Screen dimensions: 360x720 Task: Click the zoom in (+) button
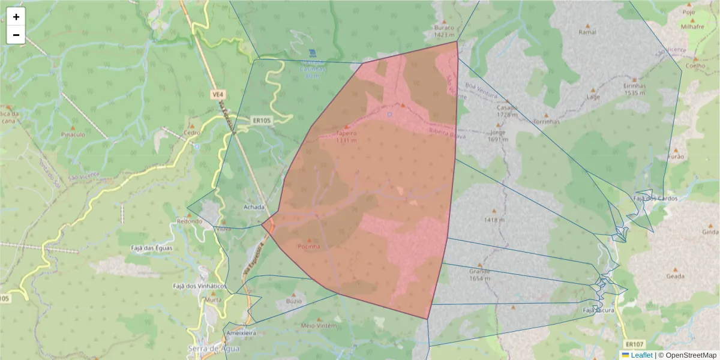[x=16, y=17]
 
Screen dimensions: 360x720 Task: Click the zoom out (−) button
[x=16, y=35]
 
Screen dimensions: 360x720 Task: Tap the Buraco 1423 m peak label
[x=444, y=31]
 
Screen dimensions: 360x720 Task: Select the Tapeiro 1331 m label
[x=346, y=136]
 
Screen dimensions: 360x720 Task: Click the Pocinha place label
[x=309, y=246]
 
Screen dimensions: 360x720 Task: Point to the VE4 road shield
[x=218, y=94]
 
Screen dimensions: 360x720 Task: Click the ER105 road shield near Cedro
[x=261, y=120]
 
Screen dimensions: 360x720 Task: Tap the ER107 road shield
[x=634, y=344]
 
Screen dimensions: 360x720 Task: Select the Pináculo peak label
[x=73, y=135]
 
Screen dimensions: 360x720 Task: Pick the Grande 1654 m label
[x=479, y=274]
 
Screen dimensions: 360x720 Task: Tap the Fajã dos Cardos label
[x=655, y=198]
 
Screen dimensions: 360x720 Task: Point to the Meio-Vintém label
[x=318, y=325]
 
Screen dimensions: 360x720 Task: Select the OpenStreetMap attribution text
[x=690, y=355]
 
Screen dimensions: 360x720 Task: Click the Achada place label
[x=254, y=207]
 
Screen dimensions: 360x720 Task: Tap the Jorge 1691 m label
[x=497, y=136]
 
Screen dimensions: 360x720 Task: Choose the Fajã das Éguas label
[x=152, y=248]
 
